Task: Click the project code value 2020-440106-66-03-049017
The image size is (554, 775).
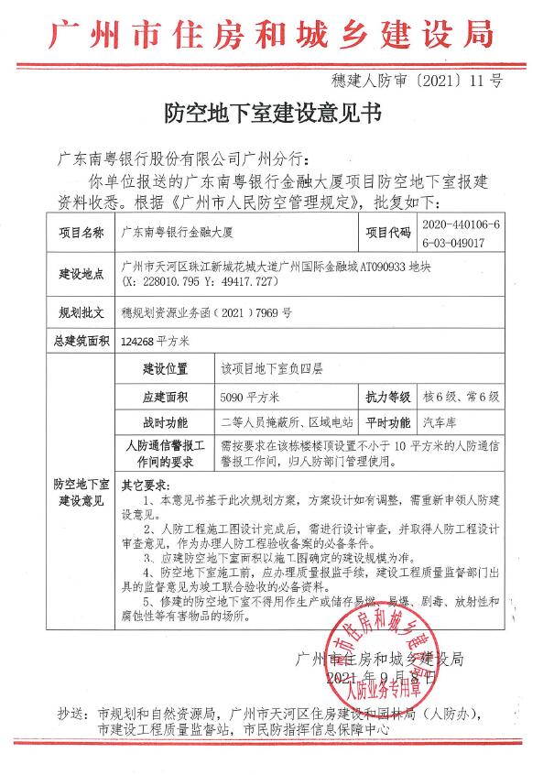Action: tap(466, 233)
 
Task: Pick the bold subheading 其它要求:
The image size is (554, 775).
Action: tap(147, 484)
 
